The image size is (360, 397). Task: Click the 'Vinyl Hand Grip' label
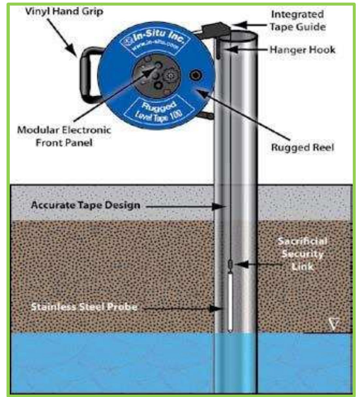click(x=64, y=12)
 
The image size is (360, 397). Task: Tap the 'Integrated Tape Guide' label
click(x=297, y=20)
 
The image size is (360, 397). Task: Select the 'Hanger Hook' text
click(x=302, y=50)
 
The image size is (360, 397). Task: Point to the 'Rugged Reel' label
click(x=302, y=147)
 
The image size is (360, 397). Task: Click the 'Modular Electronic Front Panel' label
click(x=64, y=136)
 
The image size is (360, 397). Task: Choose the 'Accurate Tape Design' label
click(x=86, y=205)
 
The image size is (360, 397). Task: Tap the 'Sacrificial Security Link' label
click(x=302, y=254)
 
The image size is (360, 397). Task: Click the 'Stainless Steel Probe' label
click(x=84, y=307)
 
